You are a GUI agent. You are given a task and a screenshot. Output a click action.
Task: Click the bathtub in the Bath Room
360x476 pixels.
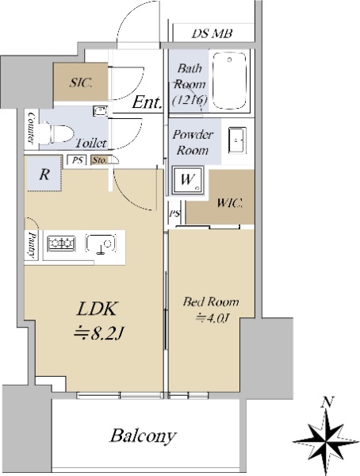click(229, 80)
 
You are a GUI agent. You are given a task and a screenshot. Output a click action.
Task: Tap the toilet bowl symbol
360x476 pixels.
click(58, 133)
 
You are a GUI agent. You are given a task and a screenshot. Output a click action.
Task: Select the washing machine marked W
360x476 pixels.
click(188, 180)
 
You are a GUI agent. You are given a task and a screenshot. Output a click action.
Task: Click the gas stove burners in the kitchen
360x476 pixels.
click(61, 244)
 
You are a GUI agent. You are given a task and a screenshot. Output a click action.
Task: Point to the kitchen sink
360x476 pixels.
click(101, 244)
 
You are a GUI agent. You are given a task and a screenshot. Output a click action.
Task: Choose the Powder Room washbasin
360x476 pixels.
click(237, 140)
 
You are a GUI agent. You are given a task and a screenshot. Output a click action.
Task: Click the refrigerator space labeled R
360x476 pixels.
click(44, 174)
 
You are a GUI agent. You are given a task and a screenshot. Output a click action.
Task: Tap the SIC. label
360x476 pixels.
click(80, 83)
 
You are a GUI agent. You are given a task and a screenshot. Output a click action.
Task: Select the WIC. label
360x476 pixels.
click(229, 202)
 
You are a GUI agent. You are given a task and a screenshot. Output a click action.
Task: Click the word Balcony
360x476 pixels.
click(143, 436)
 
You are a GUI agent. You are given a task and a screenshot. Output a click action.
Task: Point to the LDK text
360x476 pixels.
click(97, 309)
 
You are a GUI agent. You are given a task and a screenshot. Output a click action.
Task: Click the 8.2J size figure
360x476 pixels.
click(98, 334)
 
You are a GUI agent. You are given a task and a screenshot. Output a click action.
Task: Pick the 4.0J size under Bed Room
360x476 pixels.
click(213, 318)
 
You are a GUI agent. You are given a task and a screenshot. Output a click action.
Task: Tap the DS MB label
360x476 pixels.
click(212, 33)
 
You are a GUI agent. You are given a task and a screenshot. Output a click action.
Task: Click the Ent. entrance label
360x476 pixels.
click(147, 102)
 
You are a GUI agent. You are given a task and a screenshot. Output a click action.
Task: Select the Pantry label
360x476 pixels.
click(32, 244)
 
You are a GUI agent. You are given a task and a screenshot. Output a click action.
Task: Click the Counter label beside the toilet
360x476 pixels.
click(31, 128)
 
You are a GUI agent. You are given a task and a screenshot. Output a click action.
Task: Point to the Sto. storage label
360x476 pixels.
click(99, 160)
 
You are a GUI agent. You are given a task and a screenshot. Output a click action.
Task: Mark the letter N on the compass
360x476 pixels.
click(327, 402)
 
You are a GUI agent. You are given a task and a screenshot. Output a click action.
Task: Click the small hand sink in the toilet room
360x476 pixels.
click(99, 110)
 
